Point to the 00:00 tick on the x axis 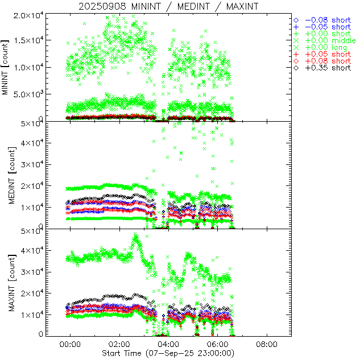(x=70, y=344)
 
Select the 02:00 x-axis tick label (x=119, y=344)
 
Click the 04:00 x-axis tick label (x=168, y=344)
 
